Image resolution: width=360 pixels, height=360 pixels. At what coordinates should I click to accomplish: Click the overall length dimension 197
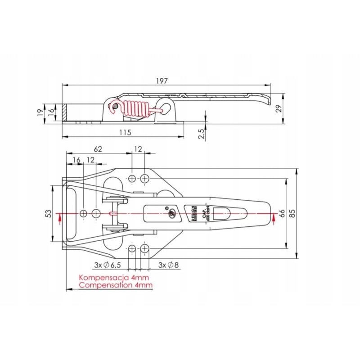[162, 81]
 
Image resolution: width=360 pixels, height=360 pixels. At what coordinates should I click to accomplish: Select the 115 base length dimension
[125, 132]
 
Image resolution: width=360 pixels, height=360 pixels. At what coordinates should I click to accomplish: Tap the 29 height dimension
[279, 108]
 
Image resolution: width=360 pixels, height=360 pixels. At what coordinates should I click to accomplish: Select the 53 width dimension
[49, 212]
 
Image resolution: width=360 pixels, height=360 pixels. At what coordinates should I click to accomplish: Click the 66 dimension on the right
[282, 213]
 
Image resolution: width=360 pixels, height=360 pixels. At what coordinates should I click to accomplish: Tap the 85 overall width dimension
[292, 214]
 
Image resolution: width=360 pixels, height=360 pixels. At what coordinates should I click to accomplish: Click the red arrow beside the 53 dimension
[59, 218]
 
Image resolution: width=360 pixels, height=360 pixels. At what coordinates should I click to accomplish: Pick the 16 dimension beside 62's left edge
[76, 160]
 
